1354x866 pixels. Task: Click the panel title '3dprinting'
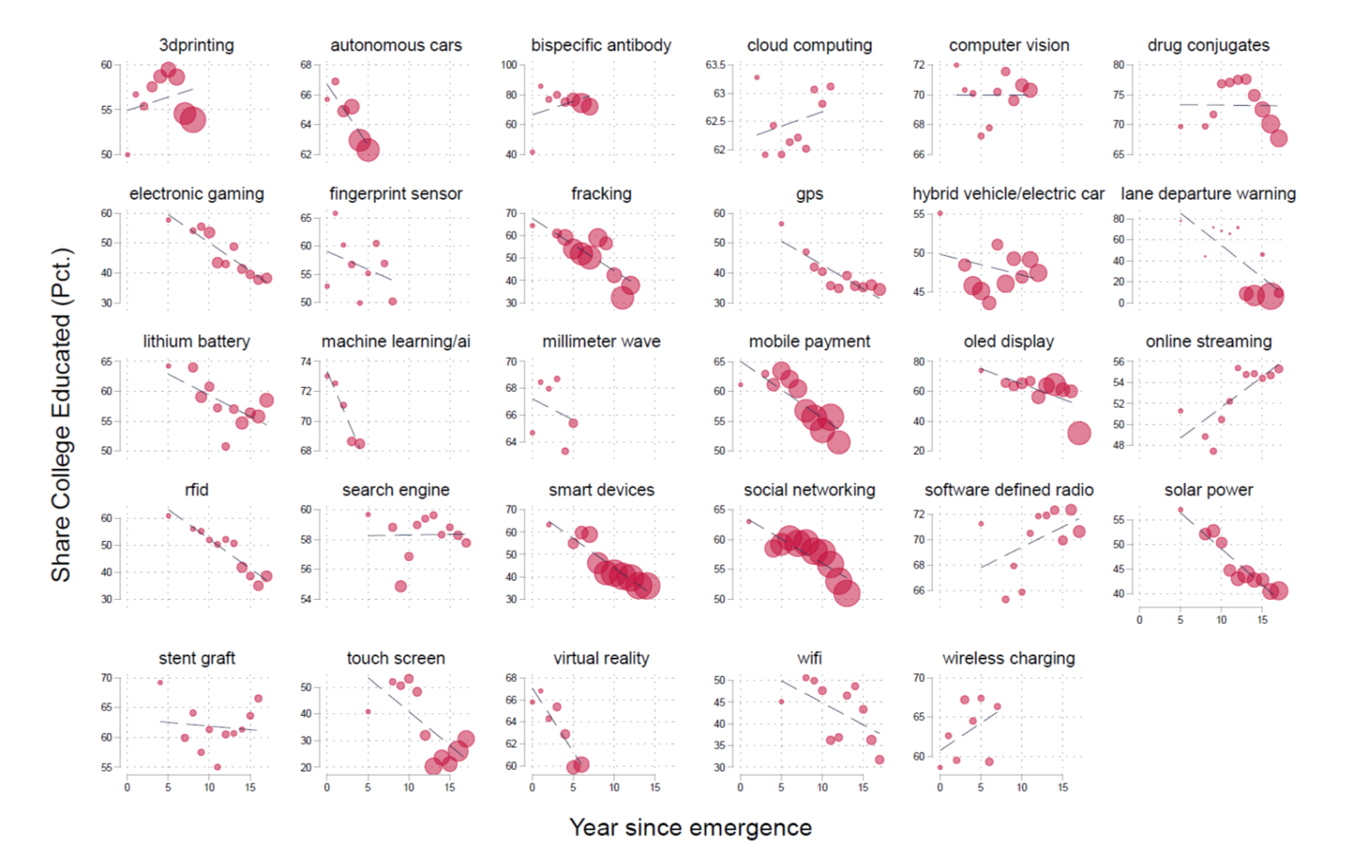click(196, 46)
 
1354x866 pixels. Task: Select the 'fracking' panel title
click(601, 194)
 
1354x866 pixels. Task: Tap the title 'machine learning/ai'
click(395, 341)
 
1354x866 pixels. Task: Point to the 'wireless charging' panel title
click(1008, 659)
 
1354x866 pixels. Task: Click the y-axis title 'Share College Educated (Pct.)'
click(60, 414)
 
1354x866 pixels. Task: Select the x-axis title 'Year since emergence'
click(690, 827)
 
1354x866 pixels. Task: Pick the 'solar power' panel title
click(1208, 490)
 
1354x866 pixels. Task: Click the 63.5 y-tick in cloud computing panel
click(715, 65)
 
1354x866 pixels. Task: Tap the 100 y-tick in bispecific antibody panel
click(509, 65)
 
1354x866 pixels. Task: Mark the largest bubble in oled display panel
click(1078, 433)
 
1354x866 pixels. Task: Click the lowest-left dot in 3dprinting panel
click(128, 154)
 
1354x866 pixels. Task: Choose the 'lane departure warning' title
click(1208, 194)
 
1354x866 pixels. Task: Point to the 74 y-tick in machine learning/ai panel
click(306, 361)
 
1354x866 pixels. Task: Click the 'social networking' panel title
click(809, 490)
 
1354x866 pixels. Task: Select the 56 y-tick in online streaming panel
click(1119, 361)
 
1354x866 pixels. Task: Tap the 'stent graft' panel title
click(196, 659)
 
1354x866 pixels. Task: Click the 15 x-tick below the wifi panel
click(863, 787)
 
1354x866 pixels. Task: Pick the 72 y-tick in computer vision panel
click(919, 65)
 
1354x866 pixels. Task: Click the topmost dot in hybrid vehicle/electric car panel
click(940, 213)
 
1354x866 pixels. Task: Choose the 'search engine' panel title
click(395, 490)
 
